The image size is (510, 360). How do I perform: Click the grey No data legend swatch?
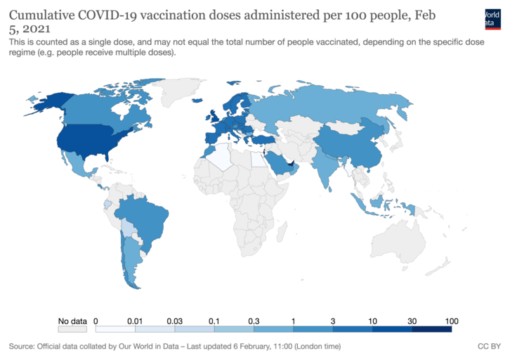pos(72,328)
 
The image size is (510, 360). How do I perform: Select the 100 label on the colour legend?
pos(451,320)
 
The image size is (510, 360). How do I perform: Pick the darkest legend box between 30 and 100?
pos(431,328)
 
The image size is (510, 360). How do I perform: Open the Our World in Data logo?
pos(497,18)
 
